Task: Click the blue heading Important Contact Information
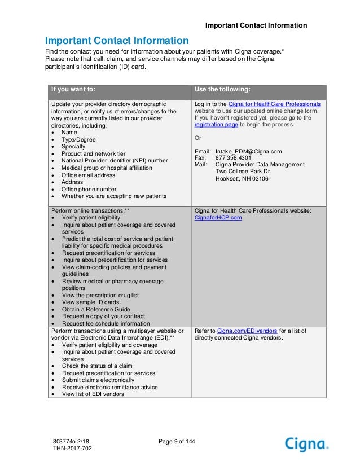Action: click(x=117, y=41)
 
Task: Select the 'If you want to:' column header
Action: click(x=73, y=89)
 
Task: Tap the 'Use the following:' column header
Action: click(x=222, y=89)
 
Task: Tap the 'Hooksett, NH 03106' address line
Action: click(x=242, y=179)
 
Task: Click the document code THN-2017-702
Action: click(x=71, y=448)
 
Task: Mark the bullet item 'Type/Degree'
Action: click(x=79, y=139)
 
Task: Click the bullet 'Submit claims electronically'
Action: click(x=98, y=380)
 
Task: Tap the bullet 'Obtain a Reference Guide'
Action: click(x=96, y=309)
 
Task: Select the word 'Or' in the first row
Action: click(x=197, y=138)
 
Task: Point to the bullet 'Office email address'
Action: click(x=90, y=175)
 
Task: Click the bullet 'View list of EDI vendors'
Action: click(x=93, y=394)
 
